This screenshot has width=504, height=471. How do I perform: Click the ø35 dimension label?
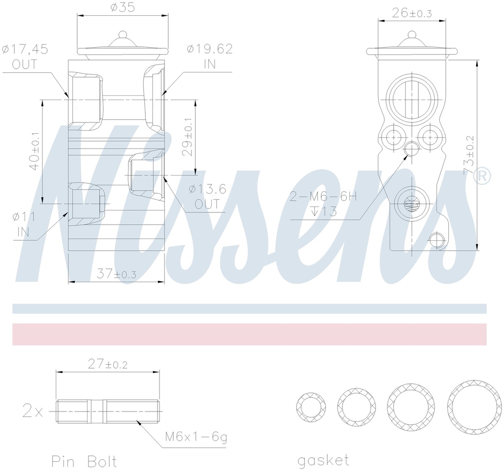tap(123, 7)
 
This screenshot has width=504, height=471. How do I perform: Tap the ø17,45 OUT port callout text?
tap(25, 57)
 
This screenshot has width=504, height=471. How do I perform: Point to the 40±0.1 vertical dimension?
tap(34, 150)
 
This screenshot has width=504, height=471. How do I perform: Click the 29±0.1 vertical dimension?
tap(188, 137)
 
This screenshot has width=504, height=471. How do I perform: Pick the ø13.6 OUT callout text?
tap(207, 196)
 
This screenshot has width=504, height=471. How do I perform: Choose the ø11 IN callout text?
tap(24, 224)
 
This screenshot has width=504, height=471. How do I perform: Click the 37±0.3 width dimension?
tap(116, 274)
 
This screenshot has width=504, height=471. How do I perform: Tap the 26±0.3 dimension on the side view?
tap(412, 13)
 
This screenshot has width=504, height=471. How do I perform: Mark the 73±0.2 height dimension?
tap(469, 155)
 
